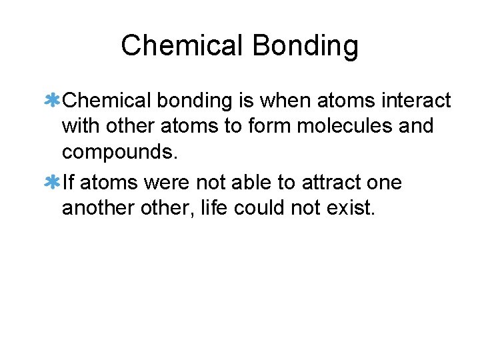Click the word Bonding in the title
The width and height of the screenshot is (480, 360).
[307, 47]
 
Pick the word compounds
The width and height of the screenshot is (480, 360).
[120, 152]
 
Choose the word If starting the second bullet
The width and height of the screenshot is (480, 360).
[68, 182]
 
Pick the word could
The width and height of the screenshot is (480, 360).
[261, 207]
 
